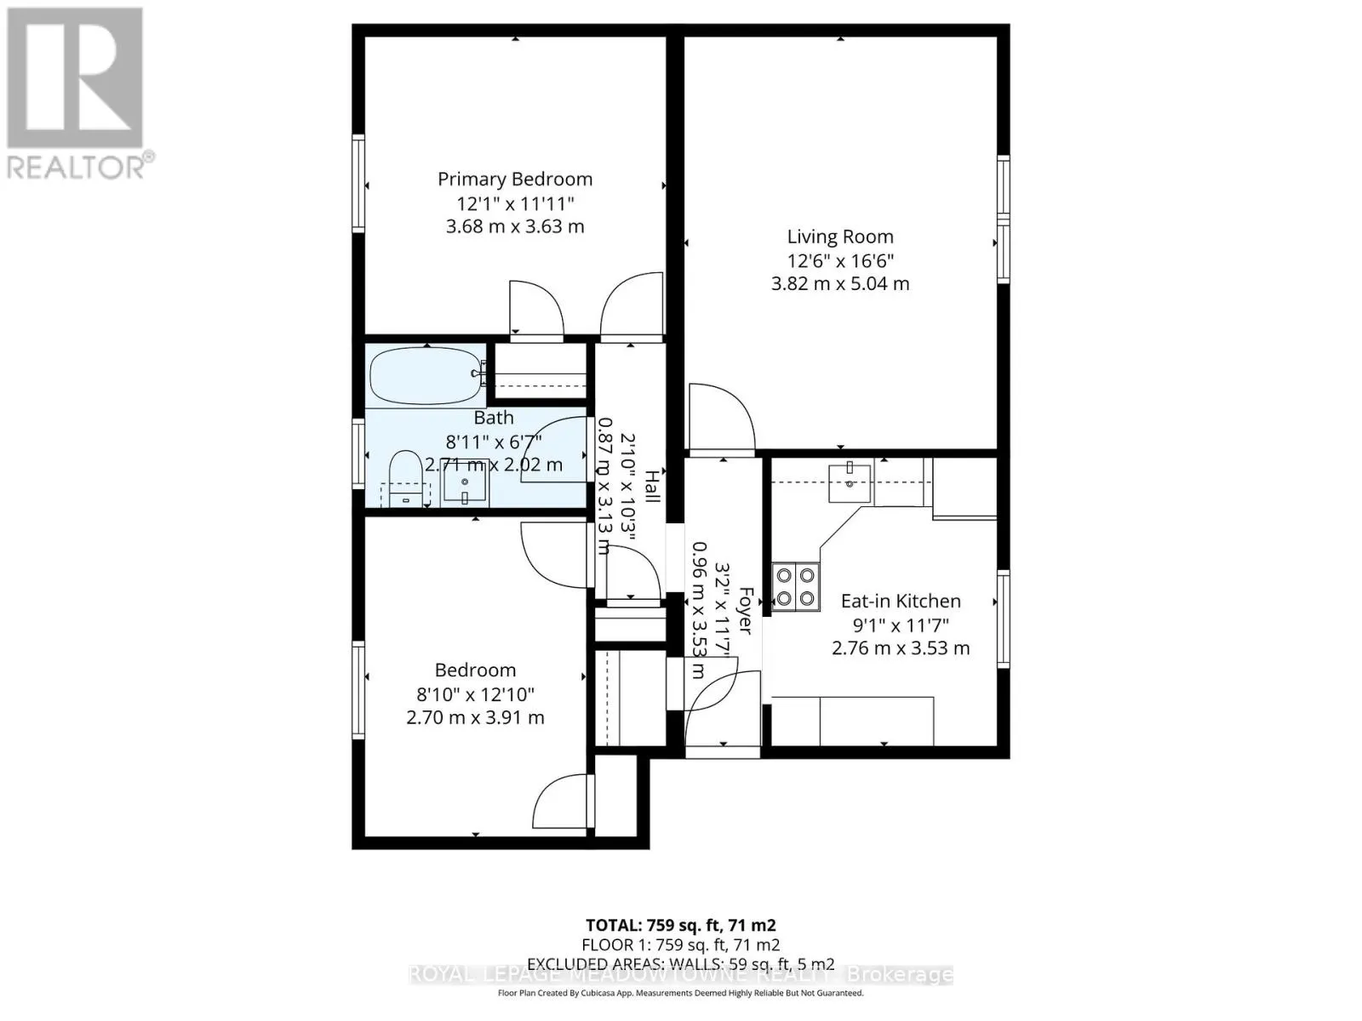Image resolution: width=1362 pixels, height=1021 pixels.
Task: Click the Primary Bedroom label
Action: point(514,180)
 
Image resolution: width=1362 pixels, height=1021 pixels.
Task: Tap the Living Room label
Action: point(839,237)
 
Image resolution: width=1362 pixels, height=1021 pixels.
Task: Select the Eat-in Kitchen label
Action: point(901,602)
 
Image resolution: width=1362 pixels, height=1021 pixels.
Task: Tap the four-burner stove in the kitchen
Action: point(795,587)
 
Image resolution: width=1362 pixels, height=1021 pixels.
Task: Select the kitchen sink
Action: point(850,482)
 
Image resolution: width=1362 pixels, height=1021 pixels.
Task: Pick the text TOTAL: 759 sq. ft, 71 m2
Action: point(680,925)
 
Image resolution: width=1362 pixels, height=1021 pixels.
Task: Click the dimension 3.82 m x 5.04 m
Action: point(839,284)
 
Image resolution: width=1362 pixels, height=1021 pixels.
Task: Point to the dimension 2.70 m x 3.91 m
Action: point(475,718)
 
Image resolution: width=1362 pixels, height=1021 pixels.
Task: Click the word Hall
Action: point(652,487)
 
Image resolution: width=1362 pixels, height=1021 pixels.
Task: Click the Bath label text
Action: point(494,418)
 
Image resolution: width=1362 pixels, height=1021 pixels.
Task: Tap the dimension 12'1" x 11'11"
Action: point(515,204)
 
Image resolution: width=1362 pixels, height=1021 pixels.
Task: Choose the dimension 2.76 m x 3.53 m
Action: point(901,648)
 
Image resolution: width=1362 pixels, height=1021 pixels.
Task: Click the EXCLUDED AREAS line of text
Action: point(680,964)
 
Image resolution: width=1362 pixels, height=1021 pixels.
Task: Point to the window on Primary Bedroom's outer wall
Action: point(358,182)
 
